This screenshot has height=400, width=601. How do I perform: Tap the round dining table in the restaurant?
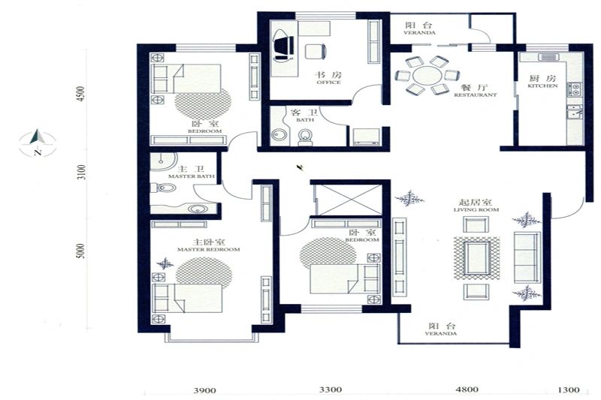click(x=427, y=75)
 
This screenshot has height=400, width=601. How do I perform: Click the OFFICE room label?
click(x=329, y=83)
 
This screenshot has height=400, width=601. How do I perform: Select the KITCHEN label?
click(x=542, y=86)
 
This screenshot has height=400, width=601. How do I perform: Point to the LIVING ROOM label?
click(x=476, y=210)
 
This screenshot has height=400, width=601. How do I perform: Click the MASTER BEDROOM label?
click(x=209, y=249)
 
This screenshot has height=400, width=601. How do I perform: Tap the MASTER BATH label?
click(x=192, y=176)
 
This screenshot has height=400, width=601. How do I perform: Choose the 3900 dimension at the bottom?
click(x=204, y=390)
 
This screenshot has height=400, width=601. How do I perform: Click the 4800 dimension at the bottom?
click(x=467, y=389)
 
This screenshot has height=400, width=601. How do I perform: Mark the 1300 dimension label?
click(x=569, y=389)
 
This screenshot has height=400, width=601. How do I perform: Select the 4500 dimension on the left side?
click(x=80, y=94)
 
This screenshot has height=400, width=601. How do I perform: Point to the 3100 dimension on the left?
click(x=80, y=173)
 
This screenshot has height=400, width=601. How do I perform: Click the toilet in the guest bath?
click(x=306, y=138)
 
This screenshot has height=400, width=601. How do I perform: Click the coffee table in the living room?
click(x=477, y=257)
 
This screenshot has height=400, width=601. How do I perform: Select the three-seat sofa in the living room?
click(x=527, y=257)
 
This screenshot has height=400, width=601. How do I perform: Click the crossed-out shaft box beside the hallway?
click(x=350, y=200)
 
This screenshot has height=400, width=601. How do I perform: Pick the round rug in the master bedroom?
click(x=204, y=272)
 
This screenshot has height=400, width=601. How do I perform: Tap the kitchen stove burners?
click(x=575, y=89)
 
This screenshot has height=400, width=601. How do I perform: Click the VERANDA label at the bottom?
click(x=441, y=333)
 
